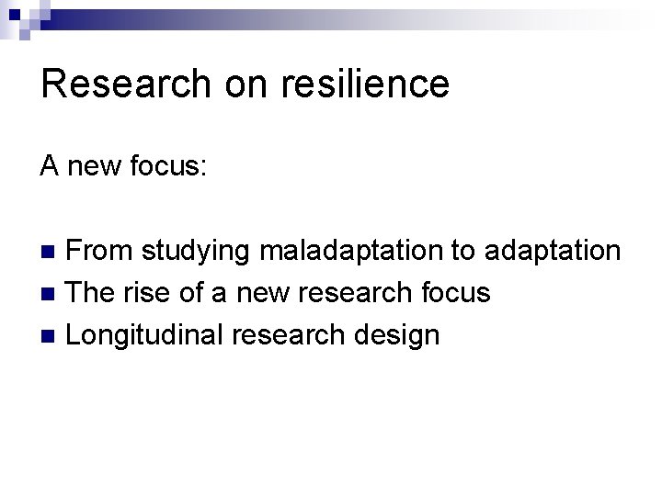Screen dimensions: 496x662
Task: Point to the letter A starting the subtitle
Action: tap(50, 167)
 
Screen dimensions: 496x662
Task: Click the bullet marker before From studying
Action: tap(51, 251)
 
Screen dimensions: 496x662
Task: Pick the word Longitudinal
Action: tap(144, 336)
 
